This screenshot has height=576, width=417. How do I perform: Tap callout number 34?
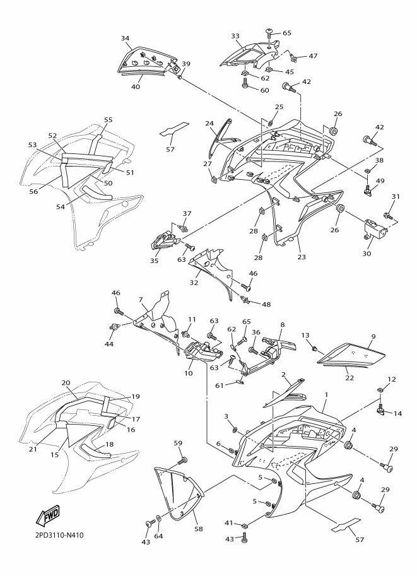[125, 38]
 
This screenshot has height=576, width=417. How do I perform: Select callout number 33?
[235, 36]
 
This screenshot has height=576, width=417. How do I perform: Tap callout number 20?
[66, 383]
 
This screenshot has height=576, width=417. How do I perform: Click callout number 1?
[326, 395]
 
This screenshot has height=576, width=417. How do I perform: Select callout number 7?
[141, 299]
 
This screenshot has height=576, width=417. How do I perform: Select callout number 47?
[313, 56]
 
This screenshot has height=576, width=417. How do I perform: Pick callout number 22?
[349, 378]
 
